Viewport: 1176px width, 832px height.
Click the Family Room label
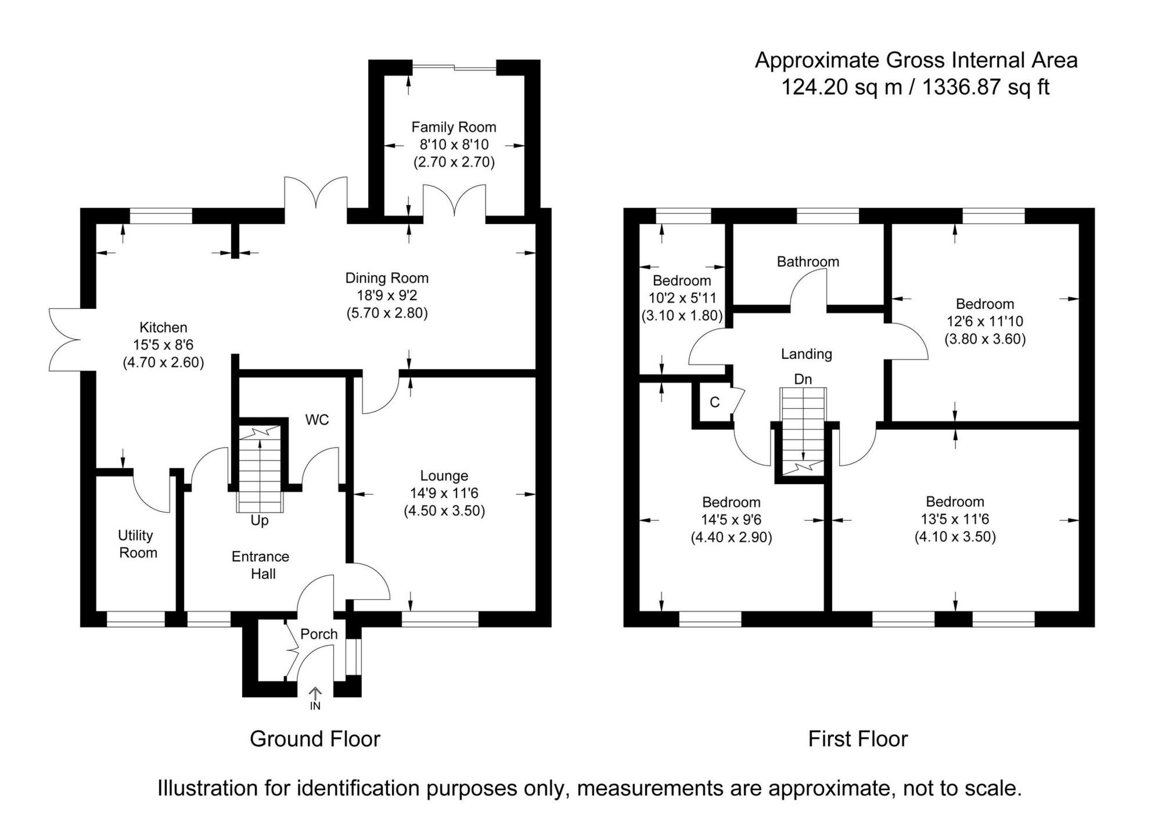coord(454,127)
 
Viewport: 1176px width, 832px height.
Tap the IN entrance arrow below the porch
coord(315,697)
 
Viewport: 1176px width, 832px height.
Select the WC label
coord(317,420)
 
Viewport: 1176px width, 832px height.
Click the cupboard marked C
coord(715,402)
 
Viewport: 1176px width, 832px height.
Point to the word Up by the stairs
coord(260,520)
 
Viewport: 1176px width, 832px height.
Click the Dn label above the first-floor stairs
coord(803,379)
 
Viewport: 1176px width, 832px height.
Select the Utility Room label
coord(138,544)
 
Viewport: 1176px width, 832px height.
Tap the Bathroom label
coord(808,262)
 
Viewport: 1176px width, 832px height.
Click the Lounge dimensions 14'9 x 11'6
coord(444,494)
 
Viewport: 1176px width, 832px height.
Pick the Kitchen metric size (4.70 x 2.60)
coord(163,363)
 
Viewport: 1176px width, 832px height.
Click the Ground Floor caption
coord(315,739)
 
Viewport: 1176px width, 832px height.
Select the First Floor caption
coord(858,739)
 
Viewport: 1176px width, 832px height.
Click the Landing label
coord(806,354)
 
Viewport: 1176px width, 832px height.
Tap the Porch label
coord(319,634)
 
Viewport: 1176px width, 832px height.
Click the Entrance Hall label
coord(261,565)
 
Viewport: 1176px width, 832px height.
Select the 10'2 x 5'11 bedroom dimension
coord(682,298)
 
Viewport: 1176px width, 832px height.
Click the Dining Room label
coord(387,278)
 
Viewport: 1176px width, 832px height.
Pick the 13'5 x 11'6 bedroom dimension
coord(955,519)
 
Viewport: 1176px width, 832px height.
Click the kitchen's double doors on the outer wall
coord(66,340)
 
